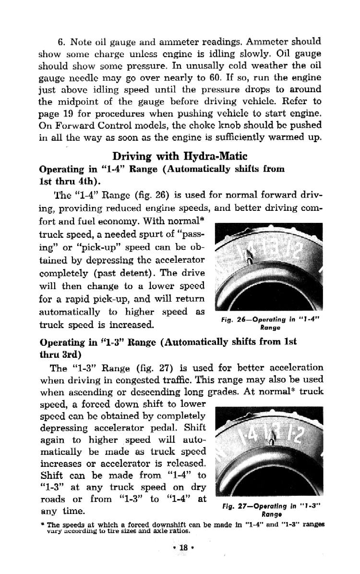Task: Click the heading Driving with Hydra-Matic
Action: click(180, 157)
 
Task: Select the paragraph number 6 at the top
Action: click(60, 42)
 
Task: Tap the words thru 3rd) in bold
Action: click(60, 354)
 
